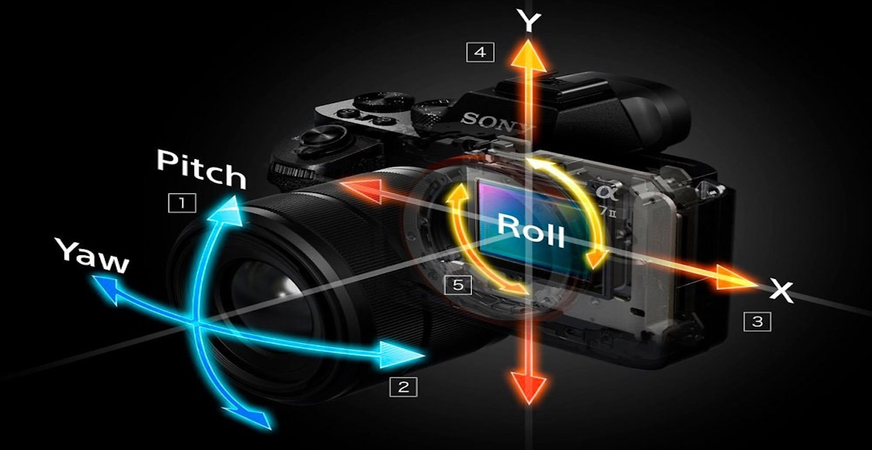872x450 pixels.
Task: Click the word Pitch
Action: point(201,170)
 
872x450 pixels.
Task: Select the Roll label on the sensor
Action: point(531,230)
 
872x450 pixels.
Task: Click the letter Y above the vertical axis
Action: point(529,21)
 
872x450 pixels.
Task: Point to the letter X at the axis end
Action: point(781,290)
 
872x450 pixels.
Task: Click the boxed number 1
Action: point(182,202)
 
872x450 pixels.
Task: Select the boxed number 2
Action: point(403,387)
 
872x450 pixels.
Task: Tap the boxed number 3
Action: point(757,321)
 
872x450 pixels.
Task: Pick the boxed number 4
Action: point(480,52)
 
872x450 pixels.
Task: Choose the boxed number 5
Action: point(458,285)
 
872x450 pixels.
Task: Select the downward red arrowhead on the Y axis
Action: point(529,387)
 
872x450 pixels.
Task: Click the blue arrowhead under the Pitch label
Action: point(228,211)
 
